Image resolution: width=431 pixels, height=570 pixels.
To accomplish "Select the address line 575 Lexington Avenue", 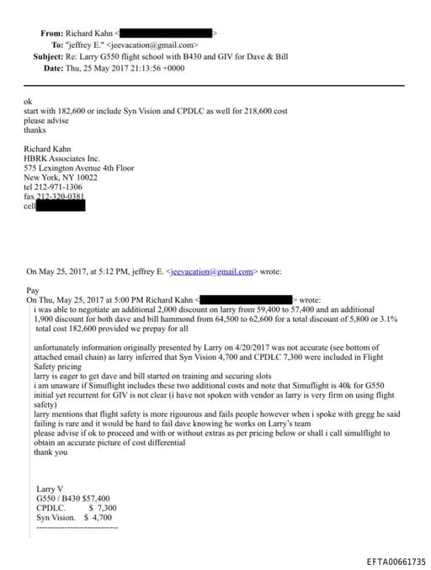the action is [66, 168].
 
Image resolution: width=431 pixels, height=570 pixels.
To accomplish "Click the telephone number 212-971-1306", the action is [63, 187].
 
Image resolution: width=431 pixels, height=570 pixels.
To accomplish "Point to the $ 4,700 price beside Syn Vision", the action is [100, 519].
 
